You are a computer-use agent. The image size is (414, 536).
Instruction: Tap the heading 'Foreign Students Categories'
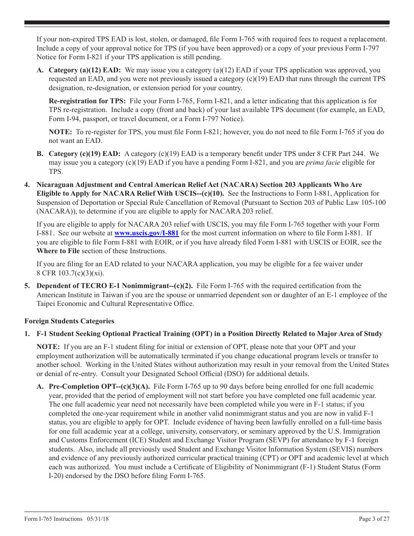[x=69, y=321]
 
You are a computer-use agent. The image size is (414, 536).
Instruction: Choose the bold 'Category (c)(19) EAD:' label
[x=85, y=154]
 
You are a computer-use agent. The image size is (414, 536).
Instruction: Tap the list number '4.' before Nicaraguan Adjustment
[x=27, y=185]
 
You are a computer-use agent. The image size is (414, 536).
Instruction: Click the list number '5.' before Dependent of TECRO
[x=27, y=286]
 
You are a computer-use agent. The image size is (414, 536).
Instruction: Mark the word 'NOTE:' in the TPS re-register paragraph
[x=61, y=132]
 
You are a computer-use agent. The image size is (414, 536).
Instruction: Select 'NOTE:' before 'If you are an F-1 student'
[x=48, y=347]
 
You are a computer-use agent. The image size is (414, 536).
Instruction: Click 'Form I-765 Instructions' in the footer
[x=53, y=519]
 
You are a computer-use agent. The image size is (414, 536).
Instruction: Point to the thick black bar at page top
[x=207, y=23]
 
